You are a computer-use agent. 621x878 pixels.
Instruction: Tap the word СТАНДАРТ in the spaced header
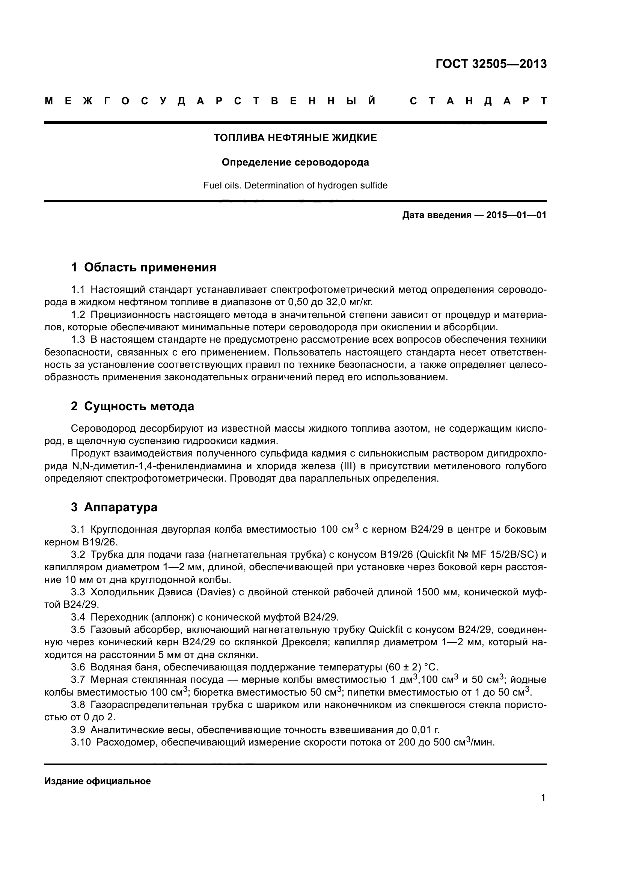pos(478,101)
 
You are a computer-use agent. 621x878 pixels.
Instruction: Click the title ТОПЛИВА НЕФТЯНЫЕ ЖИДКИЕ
pos(295,138)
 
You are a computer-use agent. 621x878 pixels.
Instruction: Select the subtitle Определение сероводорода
pos(295,163)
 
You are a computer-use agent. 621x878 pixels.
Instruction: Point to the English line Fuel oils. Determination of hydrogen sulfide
pos(295,185)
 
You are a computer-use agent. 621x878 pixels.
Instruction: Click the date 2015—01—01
pos(516,215)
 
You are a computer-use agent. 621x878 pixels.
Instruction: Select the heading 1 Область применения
pos(143,267)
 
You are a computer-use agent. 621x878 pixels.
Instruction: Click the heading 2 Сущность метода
pos(132,406)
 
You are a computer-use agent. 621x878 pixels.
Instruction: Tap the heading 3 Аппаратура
pos(114,508)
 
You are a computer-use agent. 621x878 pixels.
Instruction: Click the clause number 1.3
pos(78,340)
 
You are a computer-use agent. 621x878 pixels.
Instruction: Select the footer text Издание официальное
pos(98,781)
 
